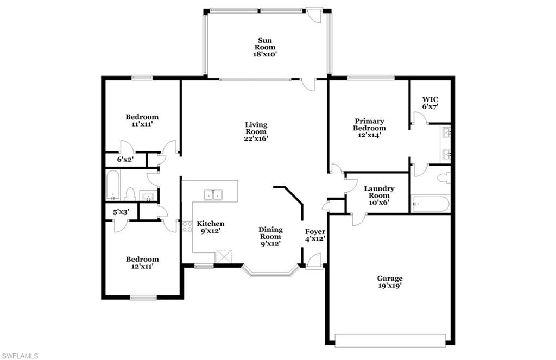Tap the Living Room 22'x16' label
click(256, 131)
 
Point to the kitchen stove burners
click(187, 227)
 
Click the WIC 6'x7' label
click(430, 103)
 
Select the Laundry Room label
click(379, 195)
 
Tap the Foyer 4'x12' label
click(315, 235)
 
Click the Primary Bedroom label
click(369, 128)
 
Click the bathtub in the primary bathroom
click(431, 204)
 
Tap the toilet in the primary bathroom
click(444, 178)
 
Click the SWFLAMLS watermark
click(20, 356)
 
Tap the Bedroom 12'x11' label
click(142, 263)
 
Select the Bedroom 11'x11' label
click(142, 120)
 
